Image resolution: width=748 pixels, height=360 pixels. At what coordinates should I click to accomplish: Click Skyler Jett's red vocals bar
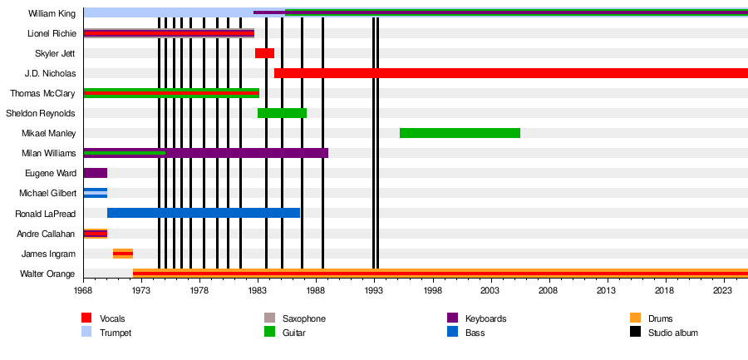[x=264, y=53]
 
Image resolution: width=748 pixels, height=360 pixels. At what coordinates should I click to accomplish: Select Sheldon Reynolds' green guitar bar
[x=282, y=113]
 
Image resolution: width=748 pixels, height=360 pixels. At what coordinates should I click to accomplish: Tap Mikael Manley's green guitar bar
[x=460, y=133]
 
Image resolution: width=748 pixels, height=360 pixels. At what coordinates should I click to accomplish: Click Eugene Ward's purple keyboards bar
[x=96, y=173]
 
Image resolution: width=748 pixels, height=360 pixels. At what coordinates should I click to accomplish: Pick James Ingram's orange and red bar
[x=123, y=254]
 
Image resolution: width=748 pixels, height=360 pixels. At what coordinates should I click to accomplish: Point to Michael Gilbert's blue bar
[x=96, y=194]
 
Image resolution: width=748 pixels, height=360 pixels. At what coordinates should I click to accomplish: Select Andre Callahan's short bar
[x=96, y=234]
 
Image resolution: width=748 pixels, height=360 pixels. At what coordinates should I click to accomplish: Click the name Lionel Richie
[x=52, y=33]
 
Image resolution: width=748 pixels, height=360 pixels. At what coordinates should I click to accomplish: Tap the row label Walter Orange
[x=47, y=274]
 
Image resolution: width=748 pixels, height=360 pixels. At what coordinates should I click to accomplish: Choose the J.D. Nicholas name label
[x=50, y=73]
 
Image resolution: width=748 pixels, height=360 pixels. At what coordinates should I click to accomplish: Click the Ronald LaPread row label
[x=46, y=214]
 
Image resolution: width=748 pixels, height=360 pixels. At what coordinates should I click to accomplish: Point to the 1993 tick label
[x=375, y=289]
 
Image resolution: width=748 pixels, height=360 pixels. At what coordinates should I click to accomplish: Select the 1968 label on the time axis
[x=84, y=289]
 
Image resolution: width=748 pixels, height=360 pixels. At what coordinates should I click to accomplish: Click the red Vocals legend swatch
[x=86, y=318]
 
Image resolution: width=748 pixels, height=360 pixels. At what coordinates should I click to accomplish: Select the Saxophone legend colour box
[x=269, y=318]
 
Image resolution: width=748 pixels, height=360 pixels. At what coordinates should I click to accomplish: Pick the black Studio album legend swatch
[x=634, y=333]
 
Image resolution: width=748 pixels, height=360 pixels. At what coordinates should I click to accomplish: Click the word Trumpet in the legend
[x=116, y=333]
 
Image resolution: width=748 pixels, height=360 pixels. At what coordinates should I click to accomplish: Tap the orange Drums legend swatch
[x=634, y=318]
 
